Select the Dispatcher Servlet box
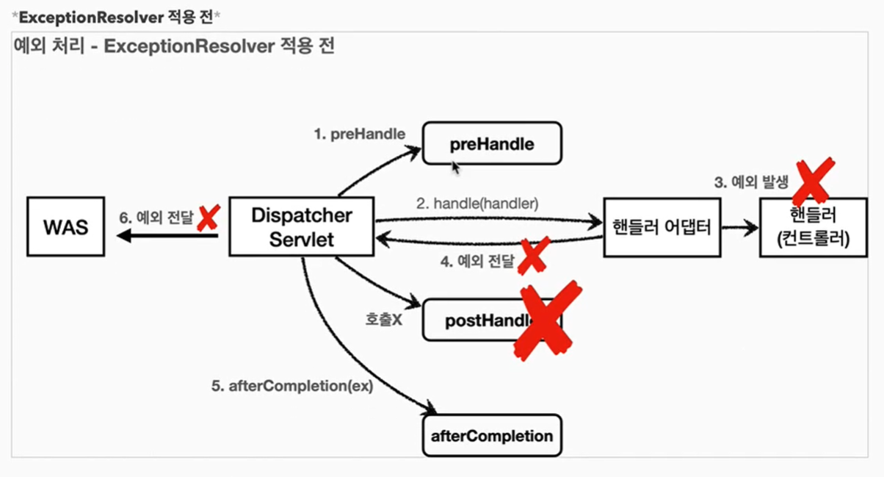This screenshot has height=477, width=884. point(302,227)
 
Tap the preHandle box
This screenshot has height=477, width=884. point(491,143)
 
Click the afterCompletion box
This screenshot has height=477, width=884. point(491,436)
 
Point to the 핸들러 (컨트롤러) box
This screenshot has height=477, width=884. point(814,227)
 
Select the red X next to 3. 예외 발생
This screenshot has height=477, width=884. point(813,180)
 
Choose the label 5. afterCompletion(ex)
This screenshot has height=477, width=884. point(292,386)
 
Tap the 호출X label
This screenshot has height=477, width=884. point(383,320)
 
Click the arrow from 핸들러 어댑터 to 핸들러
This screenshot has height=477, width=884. point(739,229)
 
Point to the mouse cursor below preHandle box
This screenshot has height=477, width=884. point(456,168)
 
